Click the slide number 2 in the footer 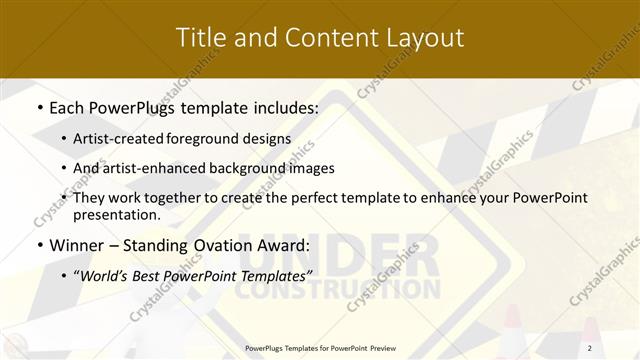click(x=590, y=348)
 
